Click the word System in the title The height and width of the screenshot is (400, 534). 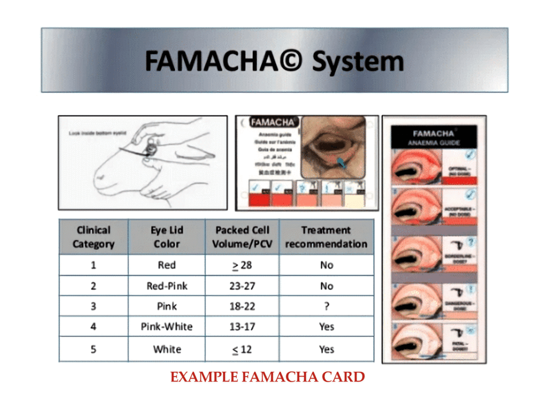pyautogui.click(x=358, y=62)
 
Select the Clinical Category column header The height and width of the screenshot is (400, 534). pyautogui.click(x=93, y=237)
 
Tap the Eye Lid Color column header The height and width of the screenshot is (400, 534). pyautogui.click(x=166, y=237)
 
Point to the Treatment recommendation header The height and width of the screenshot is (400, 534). pyautogui.click(x=326, y=237)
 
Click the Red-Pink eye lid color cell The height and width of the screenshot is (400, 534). pyautogui.click(x=166, y=286)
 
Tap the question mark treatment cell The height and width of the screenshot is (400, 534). pyautogui.click(x=326, y=306)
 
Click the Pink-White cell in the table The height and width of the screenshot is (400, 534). pyautogui.click(x=166, y=327)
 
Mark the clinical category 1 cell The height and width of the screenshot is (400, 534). pyautogui.click(x=93, y=265)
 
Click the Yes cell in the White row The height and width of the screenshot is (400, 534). pyautogui.click(x=326, y=349)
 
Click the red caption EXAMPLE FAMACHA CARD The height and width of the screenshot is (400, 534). pyautogui.click(x=268, y=377)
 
